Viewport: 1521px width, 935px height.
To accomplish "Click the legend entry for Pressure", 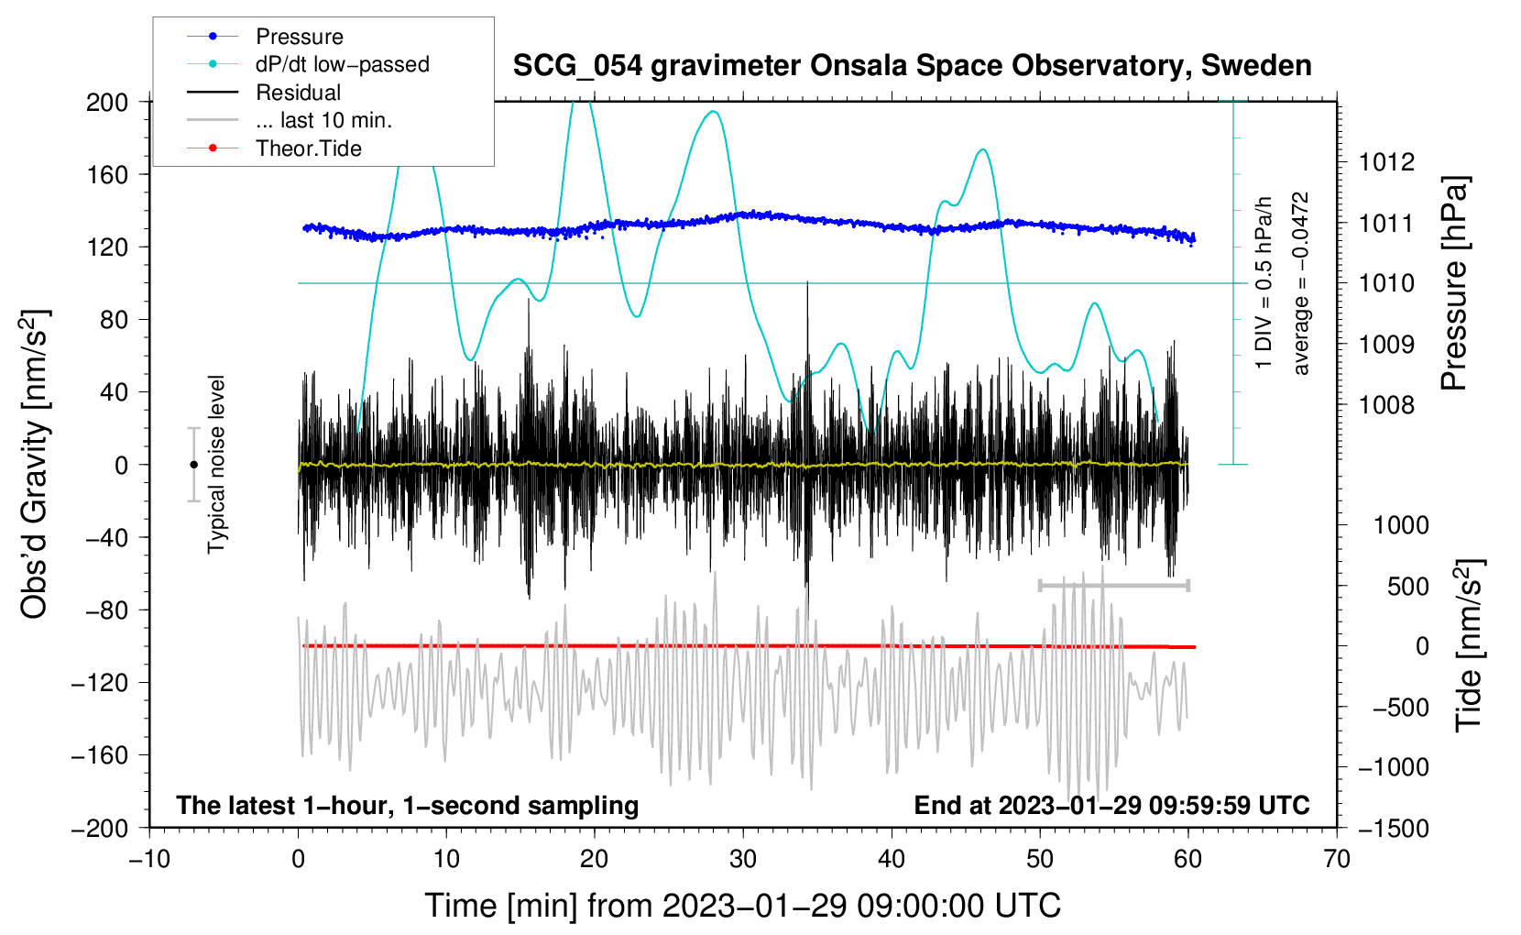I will click(299, 37).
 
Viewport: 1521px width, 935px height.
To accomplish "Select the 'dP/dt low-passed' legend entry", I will click(342, 64).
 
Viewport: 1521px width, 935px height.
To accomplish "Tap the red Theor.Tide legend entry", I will click(308, 148).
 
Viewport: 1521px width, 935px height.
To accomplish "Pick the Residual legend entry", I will click(298, 93).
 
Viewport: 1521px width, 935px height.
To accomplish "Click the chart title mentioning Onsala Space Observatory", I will click(912, 66).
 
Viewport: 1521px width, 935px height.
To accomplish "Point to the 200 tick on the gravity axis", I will click(107, 102).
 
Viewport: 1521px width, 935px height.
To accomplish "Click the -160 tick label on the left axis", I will click(100, 755).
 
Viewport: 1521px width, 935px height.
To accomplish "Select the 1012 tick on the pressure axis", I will click(1386, 162).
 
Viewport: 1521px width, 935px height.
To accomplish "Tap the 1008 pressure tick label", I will click(1386, 404).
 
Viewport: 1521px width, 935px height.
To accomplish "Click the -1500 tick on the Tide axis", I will click(1394, 828).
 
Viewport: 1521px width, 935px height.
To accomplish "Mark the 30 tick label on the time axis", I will click(743, 859).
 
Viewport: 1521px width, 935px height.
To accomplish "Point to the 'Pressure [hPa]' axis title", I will click(1454, 283).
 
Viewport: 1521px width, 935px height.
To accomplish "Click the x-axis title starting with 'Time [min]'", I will click(742, 906).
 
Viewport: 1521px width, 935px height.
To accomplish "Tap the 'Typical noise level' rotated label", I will click(216, 464).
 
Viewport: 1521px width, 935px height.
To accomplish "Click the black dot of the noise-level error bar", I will click(193, 465).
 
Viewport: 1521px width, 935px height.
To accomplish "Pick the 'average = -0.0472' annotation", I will click(1301, 283).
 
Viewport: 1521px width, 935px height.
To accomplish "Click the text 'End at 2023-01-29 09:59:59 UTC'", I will click(1111, 805).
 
